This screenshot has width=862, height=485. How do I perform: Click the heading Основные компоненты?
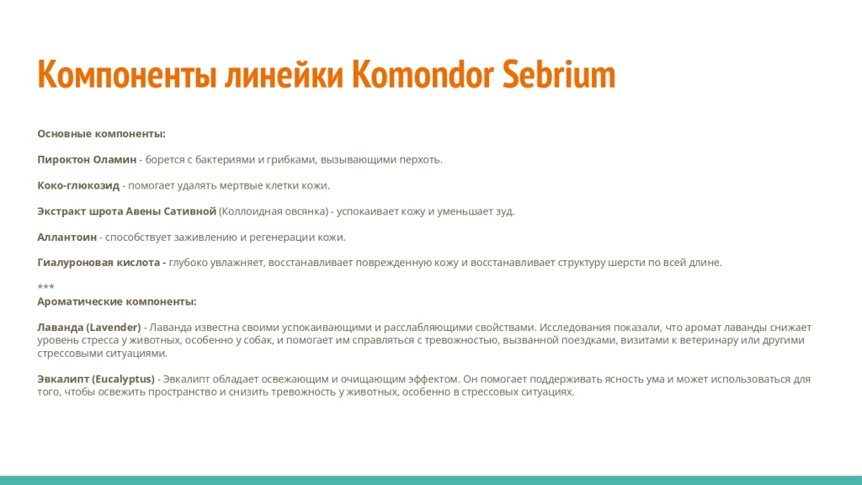(101, 133)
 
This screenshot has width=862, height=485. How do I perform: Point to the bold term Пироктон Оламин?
(87, 159)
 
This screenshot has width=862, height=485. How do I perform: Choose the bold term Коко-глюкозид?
(78, 185)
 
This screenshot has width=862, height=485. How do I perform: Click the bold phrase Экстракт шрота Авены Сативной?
(127, 211)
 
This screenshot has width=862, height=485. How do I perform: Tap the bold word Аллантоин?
(67, 237)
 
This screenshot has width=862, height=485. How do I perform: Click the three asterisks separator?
(45, 287)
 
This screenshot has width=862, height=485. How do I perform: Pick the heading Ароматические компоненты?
(117, 301)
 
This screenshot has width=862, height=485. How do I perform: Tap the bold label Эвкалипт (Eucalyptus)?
(96, 379)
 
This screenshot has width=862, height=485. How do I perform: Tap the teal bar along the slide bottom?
(431, 480)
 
